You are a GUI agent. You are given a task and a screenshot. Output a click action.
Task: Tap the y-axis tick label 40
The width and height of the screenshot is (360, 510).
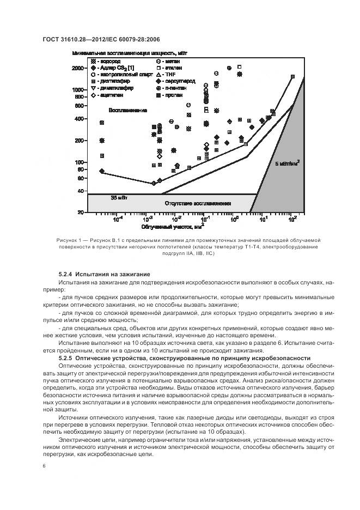pos(82,191)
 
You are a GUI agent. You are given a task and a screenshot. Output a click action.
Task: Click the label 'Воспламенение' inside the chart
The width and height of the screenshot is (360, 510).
pos(127,111)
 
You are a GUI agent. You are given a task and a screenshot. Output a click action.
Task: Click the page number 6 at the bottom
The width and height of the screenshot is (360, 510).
pos(44,466)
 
